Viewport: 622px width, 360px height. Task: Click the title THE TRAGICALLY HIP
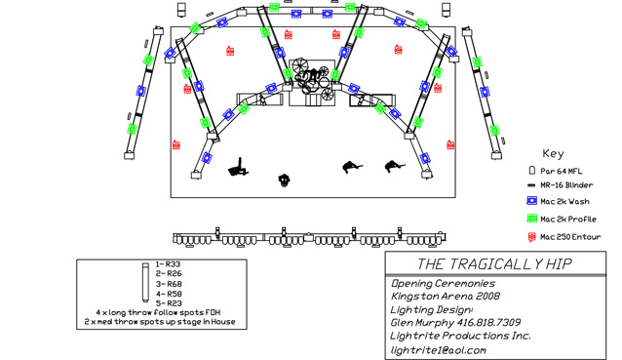[494, 264]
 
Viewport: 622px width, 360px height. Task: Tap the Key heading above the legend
[553, 153]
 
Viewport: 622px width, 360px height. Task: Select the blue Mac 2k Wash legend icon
[531, 201]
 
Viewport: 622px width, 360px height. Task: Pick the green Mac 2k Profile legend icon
[531, 219]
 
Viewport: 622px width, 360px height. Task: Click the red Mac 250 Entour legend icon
[531, 236]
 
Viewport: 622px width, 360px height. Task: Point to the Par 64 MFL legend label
[562, 171]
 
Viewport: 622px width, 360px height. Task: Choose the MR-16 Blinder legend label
[566, 185]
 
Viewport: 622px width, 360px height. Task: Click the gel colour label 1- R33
[168, 264]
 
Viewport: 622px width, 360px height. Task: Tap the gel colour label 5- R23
[169, 303]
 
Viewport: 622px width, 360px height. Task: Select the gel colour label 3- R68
[169, 284]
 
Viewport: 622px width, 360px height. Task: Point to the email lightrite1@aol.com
[439, 350]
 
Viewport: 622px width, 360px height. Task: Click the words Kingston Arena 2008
[446, 296]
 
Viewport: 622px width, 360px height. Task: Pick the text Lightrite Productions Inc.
[460, 336]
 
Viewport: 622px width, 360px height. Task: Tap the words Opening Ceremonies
[443, 283]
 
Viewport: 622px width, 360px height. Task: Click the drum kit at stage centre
[312, 82]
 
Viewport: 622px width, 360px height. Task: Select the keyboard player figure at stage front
[239, 168]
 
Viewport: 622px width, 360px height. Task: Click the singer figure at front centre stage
[284, 180]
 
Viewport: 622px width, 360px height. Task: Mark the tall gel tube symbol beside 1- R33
[145, 282]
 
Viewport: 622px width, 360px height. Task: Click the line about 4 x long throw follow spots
[158, 312]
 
